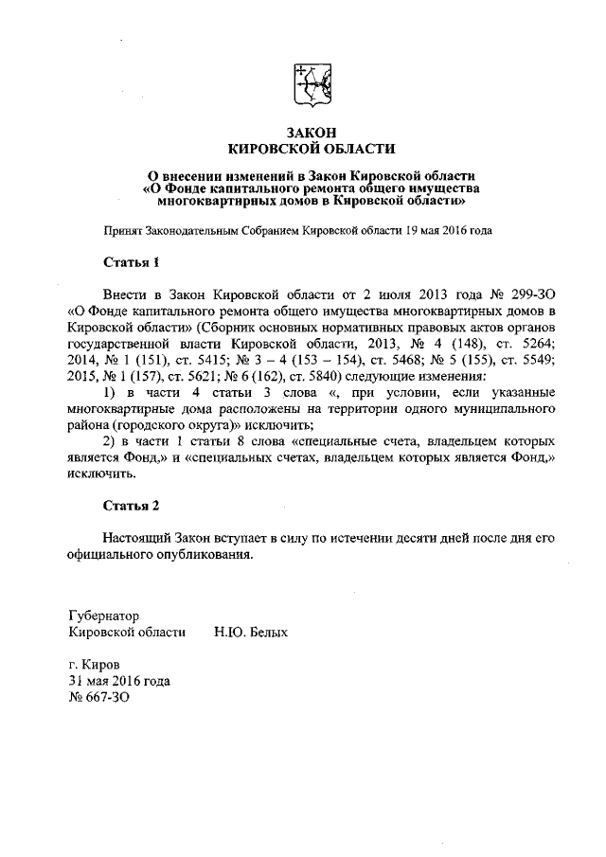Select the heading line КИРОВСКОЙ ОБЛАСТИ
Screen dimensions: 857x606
[312, 148]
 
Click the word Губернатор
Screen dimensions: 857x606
[104, 615]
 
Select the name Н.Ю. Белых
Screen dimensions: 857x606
[251, 631]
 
